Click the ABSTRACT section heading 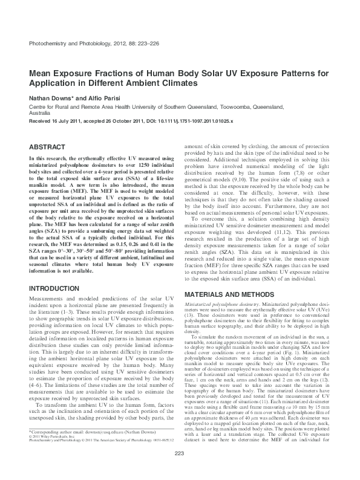(48, 146)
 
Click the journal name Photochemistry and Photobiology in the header (67, 43)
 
